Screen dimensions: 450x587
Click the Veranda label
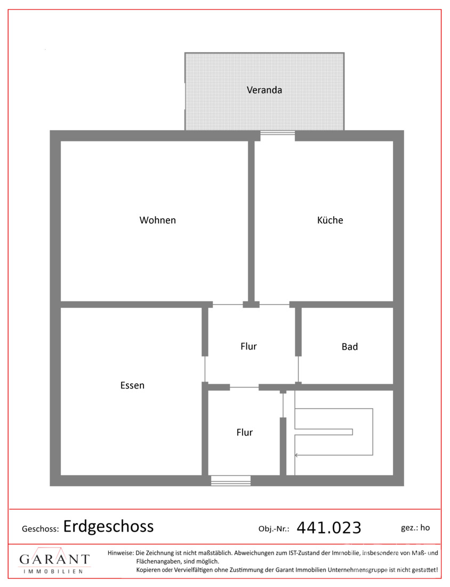coord(264,90)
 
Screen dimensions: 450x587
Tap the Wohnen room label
coord(157,220)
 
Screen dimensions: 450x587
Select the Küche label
coord(330,220)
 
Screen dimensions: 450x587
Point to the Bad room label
coord(350,347)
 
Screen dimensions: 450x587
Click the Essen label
coord(132,385)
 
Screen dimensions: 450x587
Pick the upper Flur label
coord(249,346)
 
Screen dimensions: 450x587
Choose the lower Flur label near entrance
coord(245,432)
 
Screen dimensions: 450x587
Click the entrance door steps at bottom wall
coord(231,481)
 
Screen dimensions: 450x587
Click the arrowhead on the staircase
coord(296,455)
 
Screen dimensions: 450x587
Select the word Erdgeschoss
coord(108,527)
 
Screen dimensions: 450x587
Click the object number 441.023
coord(329,528)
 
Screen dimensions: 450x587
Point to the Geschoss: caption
coord(41,529)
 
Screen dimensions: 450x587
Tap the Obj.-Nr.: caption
coord(274,529)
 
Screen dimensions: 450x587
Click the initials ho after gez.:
coord(425,527)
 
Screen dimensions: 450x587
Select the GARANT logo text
coord(54,559)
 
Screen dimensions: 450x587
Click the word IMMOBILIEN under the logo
coord(53,572)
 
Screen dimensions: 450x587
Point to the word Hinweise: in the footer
coord(121,553)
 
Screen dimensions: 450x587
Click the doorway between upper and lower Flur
coord(244,387)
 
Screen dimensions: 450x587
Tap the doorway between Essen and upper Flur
coord(205,369)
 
